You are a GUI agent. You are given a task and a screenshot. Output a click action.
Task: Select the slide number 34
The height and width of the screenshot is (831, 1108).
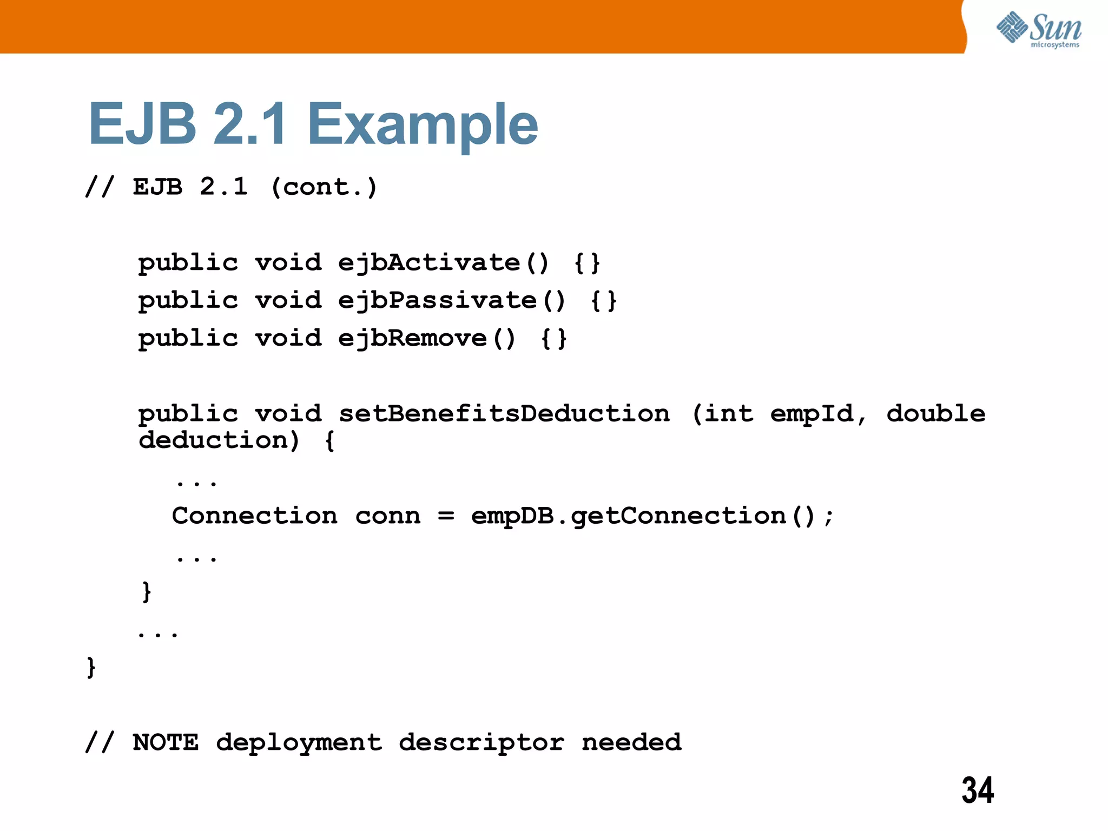coord(978,790)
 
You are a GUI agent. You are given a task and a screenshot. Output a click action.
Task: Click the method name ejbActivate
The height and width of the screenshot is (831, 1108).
coord(429,263)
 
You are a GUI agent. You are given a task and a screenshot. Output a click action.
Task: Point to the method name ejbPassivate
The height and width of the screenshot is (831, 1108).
coord(437,301)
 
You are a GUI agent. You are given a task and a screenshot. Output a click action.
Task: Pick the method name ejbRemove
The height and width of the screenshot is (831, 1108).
coord(412,339)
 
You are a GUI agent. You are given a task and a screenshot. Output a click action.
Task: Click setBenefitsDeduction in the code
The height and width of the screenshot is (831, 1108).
coord(504,414)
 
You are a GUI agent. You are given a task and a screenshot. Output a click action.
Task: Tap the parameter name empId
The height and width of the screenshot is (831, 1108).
coord(812,414)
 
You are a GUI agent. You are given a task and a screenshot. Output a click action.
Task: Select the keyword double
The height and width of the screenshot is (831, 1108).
coord(936,414)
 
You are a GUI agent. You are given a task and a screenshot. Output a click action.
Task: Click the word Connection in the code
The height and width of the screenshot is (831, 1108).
coord(254,516)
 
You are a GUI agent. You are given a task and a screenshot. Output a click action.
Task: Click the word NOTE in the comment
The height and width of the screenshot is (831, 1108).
coord(166,742)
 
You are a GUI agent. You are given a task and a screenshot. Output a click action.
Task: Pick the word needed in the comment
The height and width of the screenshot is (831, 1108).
coord(631,742)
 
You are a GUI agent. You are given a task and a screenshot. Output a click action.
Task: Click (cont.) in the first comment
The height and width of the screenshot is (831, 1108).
coord(324,187)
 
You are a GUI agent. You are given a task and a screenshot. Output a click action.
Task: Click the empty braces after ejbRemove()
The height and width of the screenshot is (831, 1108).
coord(553,339)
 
